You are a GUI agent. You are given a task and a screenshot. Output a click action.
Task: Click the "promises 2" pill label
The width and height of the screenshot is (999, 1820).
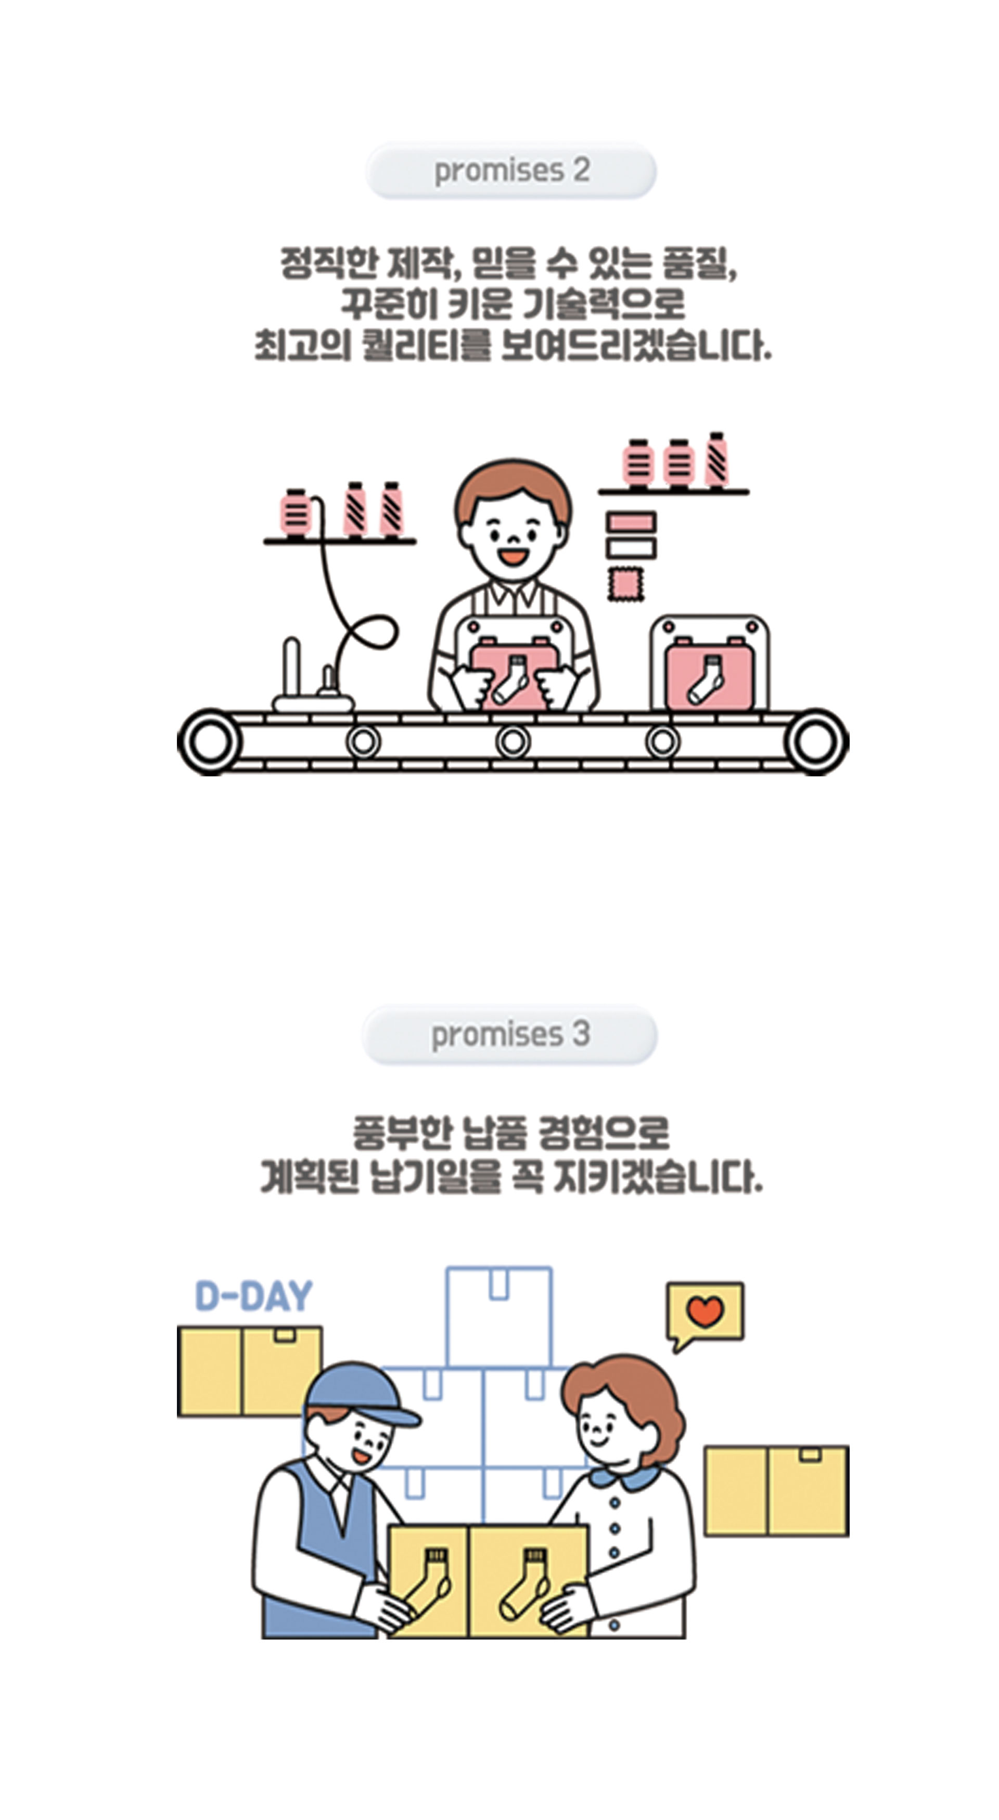tap(511, 170)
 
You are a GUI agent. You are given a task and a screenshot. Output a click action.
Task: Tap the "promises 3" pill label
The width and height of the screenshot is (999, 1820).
tap(510, 1035)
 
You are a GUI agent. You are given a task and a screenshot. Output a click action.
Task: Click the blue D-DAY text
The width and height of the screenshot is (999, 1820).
tap(253, 1296)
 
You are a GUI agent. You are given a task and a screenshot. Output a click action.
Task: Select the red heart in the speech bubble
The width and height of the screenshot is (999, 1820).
tap(706, 1310)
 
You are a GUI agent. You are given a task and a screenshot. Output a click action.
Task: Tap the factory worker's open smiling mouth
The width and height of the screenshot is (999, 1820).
tap(513, 556)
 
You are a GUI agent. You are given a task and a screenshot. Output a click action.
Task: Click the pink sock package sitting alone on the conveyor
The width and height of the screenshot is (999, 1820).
tap(709, 676)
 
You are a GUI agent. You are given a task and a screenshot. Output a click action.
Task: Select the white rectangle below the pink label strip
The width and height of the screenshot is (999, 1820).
tap(631, 548)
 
